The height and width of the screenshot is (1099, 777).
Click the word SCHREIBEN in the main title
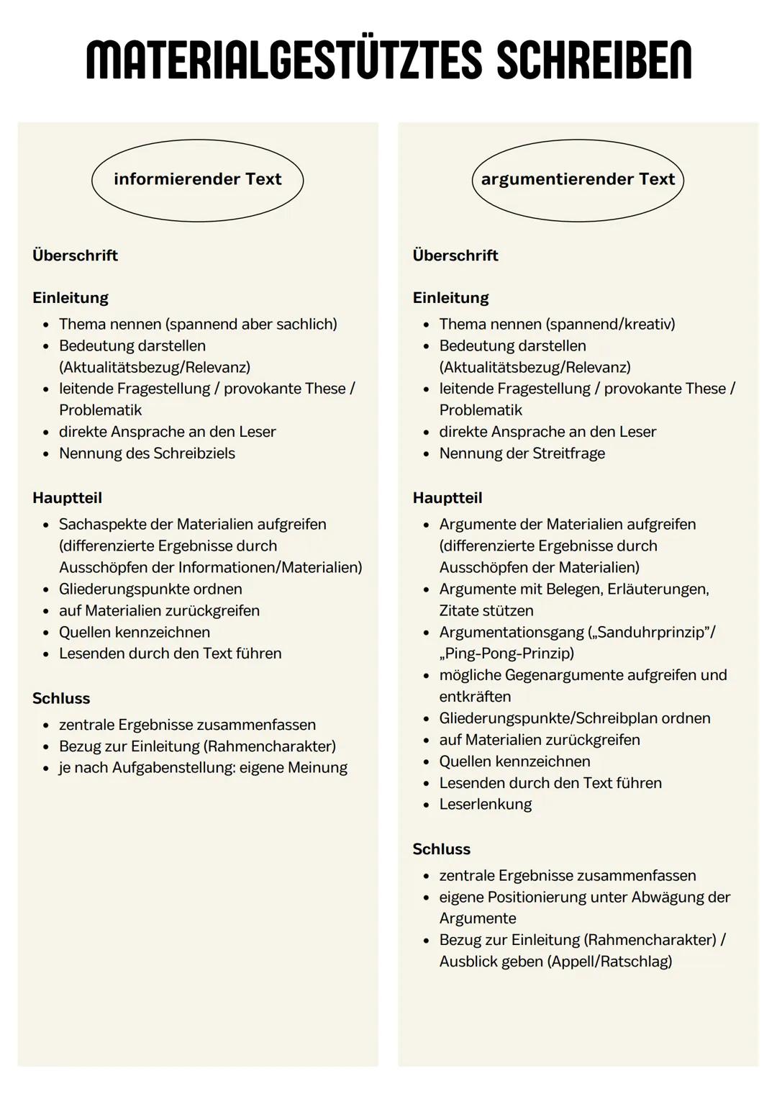coord(594,60)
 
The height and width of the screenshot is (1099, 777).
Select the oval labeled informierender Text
coord(198,180)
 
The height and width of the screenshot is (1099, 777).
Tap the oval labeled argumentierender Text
coord(578,180)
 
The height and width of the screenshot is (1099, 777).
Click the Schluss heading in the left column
coord(61,698)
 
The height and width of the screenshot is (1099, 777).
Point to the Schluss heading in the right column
coord(441,849)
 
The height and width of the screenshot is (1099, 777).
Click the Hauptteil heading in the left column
coord(67,498)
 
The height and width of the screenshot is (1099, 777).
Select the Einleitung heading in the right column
coord(450,298)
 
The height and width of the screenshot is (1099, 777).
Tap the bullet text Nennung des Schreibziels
coord(147,453)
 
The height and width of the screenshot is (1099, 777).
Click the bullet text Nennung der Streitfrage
coord(522,453)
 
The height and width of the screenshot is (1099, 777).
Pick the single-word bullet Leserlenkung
coord(485,804)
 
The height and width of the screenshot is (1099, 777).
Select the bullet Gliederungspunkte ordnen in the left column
coord(150,589)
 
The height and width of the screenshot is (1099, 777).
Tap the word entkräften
coord(475,697)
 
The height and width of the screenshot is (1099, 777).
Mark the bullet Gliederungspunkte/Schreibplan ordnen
coord(574,718)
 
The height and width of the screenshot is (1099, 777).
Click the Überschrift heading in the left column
coord(75,255)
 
